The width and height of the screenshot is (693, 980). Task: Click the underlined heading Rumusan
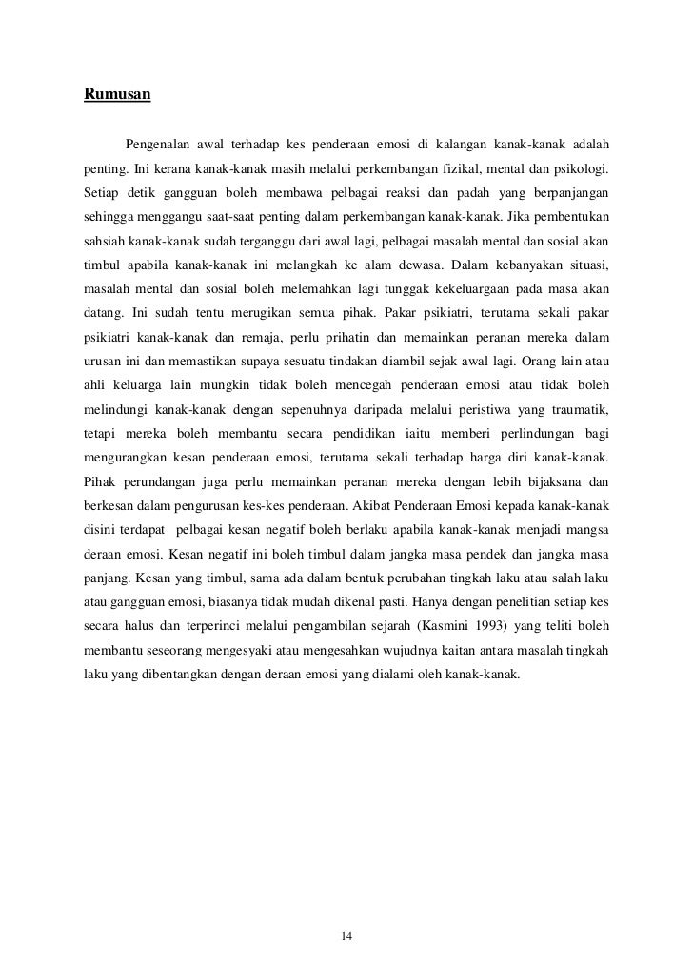118,95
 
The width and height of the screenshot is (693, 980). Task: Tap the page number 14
347,911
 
